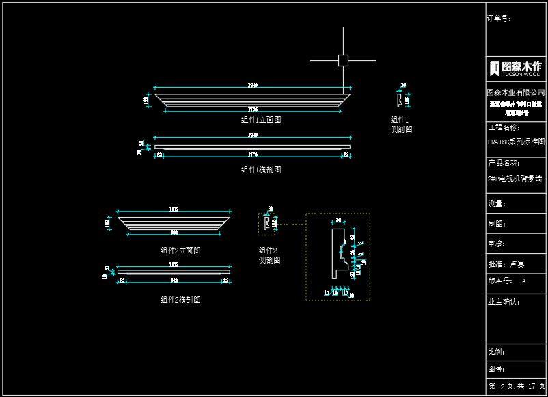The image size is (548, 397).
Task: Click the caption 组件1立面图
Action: click(x=261, y=120)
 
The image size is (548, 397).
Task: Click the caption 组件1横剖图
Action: click(x=261, y=170)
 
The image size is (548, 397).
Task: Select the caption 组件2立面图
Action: click(x=180, y=251)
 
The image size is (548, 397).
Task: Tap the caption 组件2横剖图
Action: click(x=180, y=300)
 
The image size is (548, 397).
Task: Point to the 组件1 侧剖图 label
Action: click(x=401, y=125)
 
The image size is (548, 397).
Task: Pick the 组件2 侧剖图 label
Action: click(x=269, y=255)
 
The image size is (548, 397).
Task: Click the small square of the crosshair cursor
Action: click(x=343, y=60)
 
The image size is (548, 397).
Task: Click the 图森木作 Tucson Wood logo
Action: click(x=516, y=68)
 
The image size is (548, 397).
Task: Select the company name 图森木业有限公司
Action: click(x=516, y=92)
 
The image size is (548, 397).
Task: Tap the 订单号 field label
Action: click(x=499, y=18)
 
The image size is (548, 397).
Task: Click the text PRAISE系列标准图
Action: click(x=516, y=142)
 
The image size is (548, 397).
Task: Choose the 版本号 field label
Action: click(x=500, y=281)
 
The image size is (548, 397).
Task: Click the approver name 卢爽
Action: click(x=517, y=264)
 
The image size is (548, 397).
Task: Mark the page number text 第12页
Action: click(x=501, y=387)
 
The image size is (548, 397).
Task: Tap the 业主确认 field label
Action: click(x=503, y=301)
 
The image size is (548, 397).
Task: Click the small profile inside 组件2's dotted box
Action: click(x=266, y=223)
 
